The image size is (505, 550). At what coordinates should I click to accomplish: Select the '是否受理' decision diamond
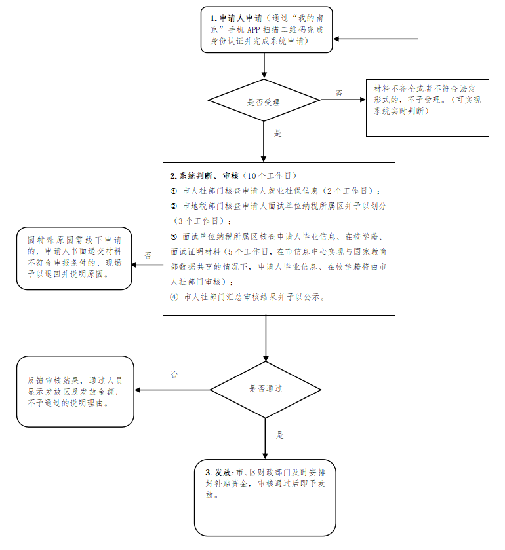[x=264, y=101]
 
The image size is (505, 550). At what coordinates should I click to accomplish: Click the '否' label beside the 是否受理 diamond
[x=339, y=93]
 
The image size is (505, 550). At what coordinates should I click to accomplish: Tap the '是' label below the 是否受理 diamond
[x=277, y=133]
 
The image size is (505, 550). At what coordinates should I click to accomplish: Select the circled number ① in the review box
[x=173, y=191]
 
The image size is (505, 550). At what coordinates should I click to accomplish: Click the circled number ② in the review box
[x=173, y=206]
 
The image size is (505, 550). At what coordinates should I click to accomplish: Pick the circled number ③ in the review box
[x=173, y=236]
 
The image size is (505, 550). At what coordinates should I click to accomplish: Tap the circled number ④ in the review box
[x=173, y=297]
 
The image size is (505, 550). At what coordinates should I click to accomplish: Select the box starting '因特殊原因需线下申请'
[x=73, y=257]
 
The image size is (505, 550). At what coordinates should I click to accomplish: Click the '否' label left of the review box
[x=148, y=255]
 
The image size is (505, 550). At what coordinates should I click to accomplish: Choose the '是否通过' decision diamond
[x=265, y=389]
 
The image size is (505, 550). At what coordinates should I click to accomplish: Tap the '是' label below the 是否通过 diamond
[x=279, y=434]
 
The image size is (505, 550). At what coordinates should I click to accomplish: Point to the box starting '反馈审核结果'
[x=75, y=392]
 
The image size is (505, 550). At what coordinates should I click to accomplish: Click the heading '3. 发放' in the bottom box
[x=218, y=473]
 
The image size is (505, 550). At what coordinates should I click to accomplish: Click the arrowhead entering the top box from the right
[x=336, y=39]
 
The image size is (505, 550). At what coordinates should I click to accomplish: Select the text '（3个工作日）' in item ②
[x=197, y=221]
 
